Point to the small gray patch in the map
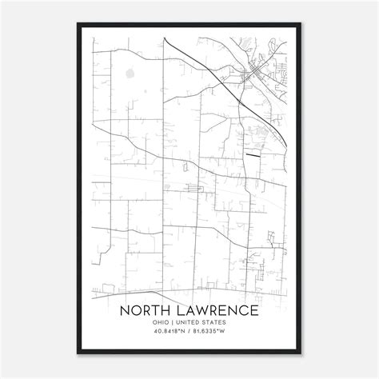(130, 76)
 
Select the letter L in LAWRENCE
(178, 309)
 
